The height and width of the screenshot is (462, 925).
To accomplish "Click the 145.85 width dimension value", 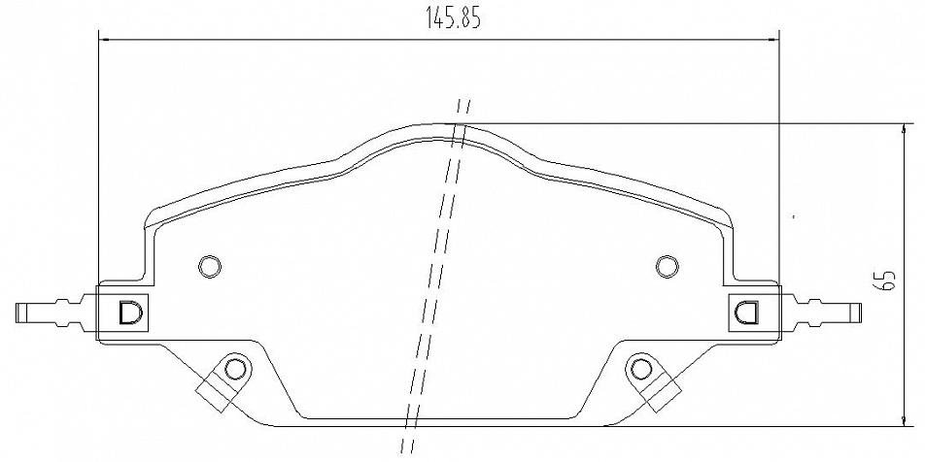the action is [x=454, y=18].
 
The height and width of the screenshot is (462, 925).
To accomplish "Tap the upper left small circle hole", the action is [x=210, y=266].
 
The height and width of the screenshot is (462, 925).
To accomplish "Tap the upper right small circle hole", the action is [x=667, y=266].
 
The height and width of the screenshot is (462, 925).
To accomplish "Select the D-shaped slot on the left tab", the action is [x=130, y=313].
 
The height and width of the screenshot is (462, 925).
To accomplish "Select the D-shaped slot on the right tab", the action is [x=747, y=312].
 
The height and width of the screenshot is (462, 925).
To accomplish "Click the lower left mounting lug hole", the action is [x=235, y=369].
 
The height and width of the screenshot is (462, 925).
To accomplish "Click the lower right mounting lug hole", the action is [x=641, y=370].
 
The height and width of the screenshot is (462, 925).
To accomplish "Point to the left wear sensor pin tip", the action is [x=17, y=313].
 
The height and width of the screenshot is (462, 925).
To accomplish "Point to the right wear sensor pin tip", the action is [x=860, y=313].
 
